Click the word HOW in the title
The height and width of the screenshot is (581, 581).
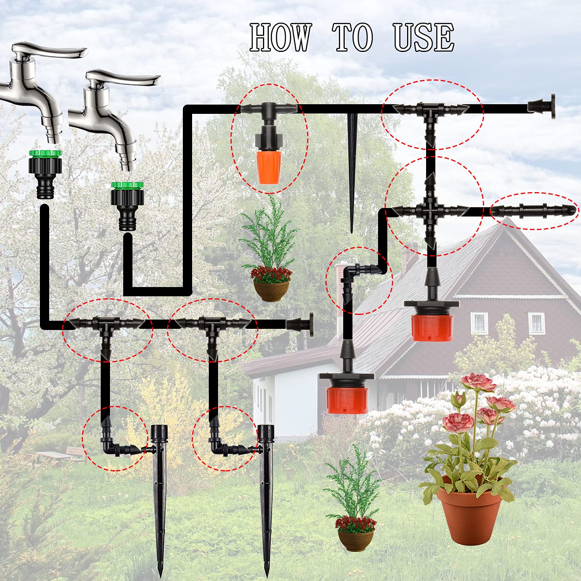pos(280,37)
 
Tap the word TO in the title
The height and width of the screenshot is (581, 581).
pos(353,37)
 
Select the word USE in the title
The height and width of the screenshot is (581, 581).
pos(424,37)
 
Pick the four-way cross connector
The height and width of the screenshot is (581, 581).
pos(429,211)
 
